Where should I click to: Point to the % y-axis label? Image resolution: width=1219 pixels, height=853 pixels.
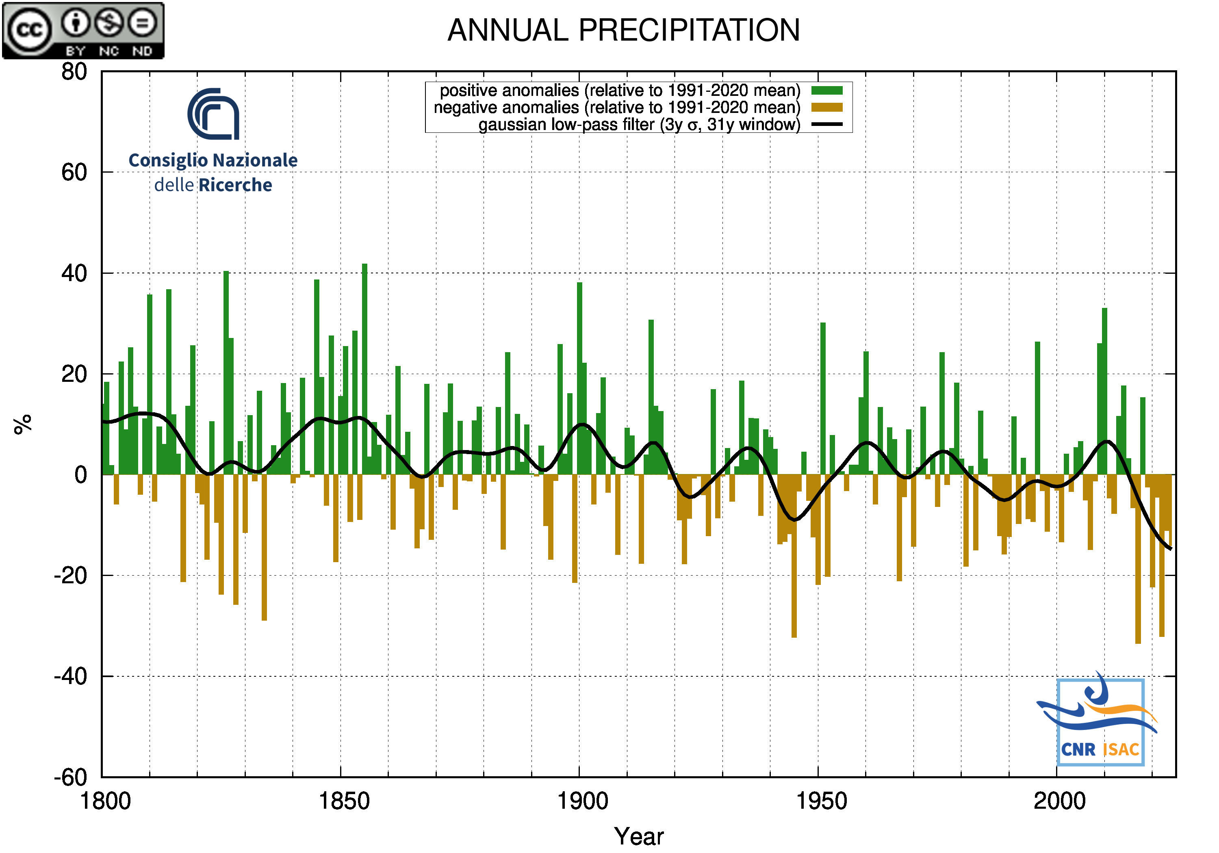[x=23, y=424]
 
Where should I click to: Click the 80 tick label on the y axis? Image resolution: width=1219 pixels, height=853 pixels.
[x=74, y=71]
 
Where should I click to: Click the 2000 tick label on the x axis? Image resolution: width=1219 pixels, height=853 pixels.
[x=1059, y=801]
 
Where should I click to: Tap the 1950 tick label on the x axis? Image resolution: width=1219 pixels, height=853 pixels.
[x=821, y=801]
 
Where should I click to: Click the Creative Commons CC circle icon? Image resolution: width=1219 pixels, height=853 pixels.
[x=29, y=30]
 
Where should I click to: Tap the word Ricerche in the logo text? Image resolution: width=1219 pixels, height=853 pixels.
[x=235, y=185]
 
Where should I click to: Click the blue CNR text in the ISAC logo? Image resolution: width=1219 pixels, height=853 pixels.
[x=1078, y=749]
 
